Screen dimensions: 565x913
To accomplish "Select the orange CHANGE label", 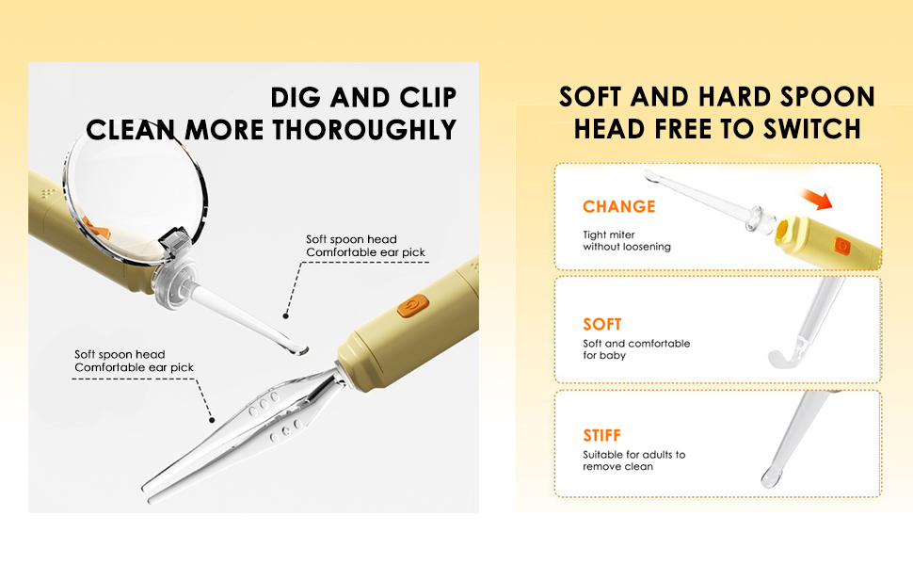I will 618,206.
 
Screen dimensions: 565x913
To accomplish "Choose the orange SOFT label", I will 602,324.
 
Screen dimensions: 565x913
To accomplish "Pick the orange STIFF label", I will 602,435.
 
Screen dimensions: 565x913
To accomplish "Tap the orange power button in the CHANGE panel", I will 842,245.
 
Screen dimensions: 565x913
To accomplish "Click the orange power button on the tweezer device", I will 411,306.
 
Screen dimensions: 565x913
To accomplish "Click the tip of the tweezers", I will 148,488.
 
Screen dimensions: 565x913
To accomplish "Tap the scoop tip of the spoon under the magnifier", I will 297,349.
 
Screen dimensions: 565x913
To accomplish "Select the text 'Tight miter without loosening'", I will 627,240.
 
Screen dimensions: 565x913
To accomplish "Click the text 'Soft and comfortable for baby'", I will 636,349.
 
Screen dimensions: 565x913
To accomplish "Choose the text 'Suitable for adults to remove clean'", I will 633,460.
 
